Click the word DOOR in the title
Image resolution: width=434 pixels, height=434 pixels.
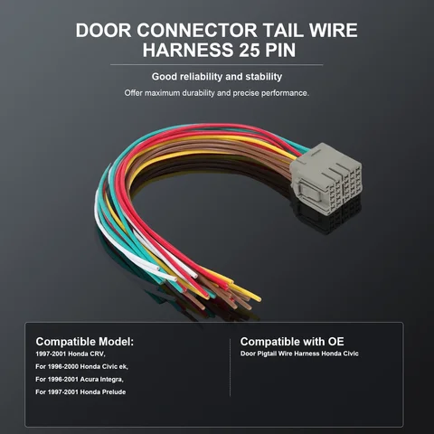click(103, 30)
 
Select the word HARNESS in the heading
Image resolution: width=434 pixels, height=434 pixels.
click(188, 50)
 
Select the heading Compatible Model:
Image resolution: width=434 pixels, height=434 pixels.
click(85, 342)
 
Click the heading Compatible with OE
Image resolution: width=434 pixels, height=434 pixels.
click(292, 342)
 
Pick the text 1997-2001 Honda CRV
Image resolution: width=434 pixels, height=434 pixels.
click(71, 354)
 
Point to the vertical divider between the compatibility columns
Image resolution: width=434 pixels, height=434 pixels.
click(230, 368)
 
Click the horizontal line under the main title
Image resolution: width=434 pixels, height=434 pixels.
click(216, 64)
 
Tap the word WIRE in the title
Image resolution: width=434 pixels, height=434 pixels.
click(333, 30)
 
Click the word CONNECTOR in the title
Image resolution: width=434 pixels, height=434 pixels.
click(197, 30)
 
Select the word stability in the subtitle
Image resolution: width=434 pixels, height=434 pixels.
click(264, 77)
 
